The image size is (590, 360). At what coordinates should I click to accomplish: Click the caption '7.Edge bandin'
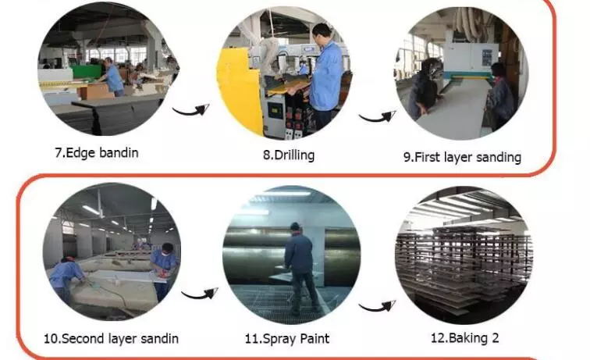click(x=97, y=153)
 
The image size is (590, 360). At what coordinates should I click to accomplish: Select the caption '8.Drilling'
click(x=289, y=155)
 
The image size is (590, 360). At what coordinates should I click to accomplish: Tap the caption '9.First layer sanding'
click(x=462, y=158)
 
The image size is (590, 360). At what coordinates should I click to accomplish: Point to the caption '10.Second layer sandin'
click(x=111, y=339)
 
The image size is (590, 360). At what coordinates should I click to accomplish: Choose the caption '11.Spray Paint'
click(x=287, y=339)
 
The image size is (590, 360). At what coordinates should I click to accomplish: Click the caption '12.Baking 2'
click(x=464, y=338)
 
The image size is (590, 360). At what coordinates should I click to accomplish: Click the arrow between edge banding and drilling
click(x=190, y=111)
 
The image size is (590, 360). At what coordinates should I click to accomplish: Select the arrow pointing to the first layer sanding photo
click(x=377, y=117)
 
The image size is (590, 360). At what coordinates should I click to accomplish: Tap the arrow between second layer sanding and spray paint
click(x=200, y=294)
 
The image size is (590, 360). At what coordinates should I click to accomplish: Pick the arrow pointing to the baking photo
click(x=377, y=307)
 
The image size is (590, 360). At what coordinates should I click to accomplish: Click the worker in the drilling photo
click(x=325, y=75)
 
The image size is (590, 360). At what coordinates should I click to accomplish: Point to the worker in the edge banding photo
click(x=112, y=77)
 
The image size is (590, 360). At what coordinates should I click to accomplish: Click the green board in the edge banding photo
click(x=87, y=72)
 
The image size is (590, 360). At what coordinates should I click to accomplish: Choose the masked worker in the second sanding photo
click(x=164, y=270)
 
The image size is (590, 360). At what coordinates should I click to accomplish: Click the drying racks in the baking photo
click(x=464, y=264)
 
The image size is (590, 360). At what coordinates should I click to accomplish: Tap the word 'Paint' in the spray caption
click(x=315, y=339)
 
